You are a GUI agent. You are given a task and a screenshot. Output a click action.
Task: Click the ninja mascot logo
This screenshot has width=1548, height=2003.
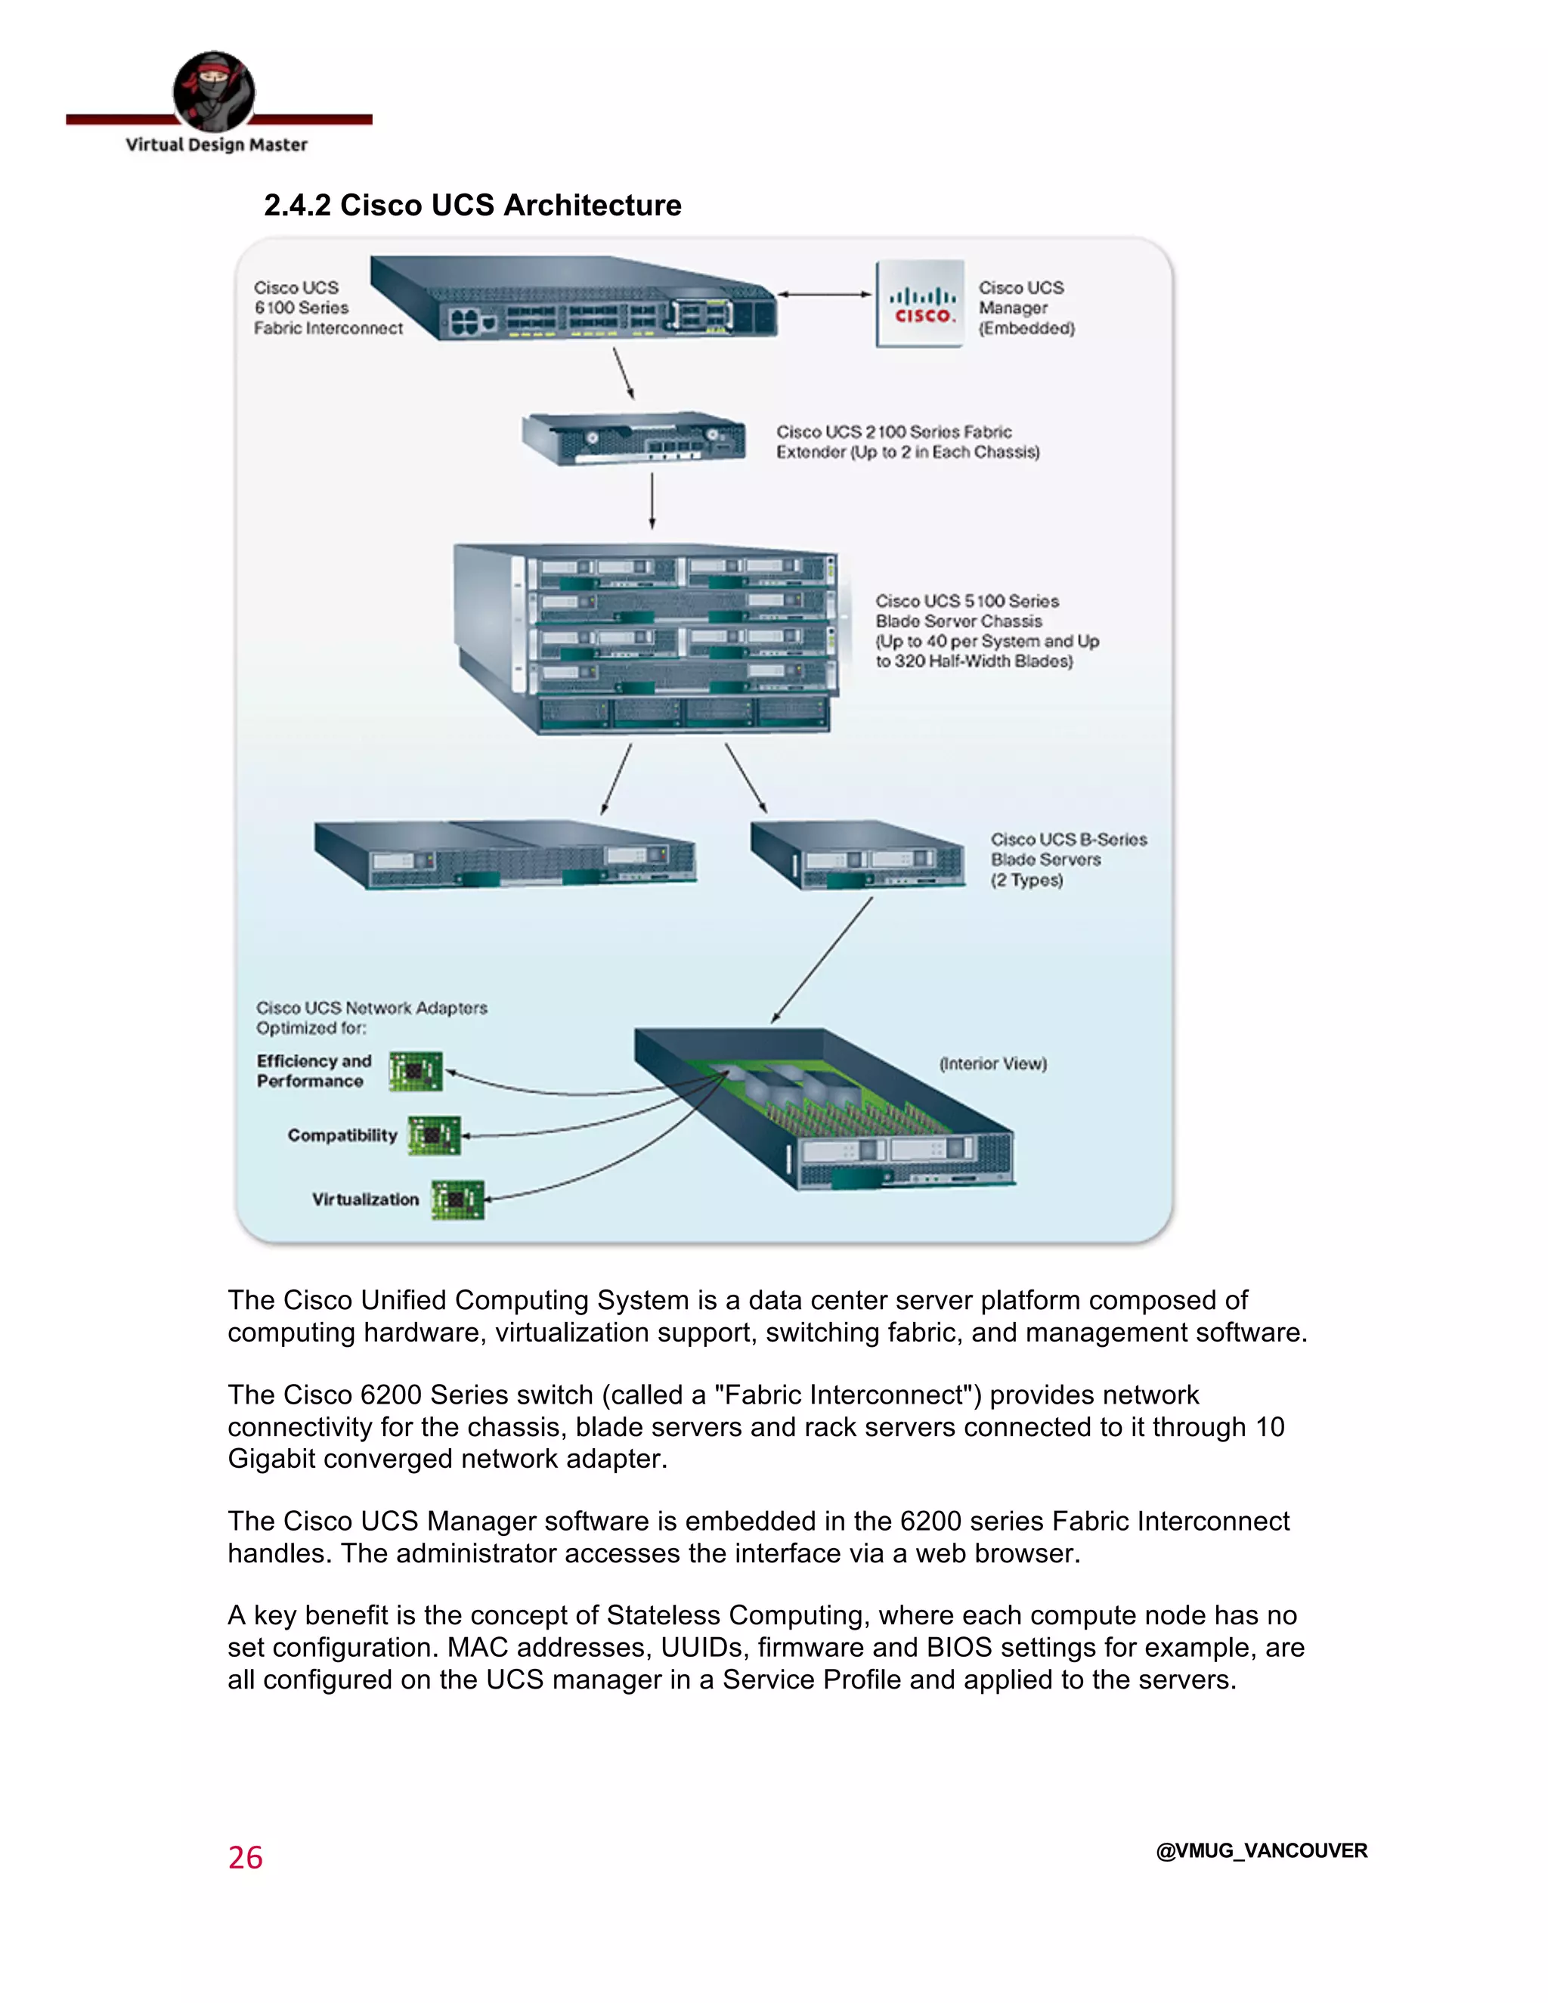(x=214, y=91)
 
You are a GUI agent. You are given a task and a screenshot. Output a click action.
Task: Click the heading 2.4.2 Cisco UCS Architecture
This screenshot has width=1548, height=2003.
(x=472, y=205)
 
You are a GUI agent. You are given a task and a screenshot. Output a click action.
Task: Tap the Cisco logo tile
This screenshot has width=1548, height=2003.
(x=920, y=304)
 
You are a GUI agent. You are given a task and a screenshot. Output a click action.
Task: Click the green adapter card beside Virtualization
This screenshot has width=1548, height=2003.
(x=457, y=1200)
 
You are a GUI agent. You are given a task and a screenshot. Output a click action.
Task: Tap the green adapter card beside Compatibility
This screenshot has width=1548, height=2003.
(x=434, y=1135)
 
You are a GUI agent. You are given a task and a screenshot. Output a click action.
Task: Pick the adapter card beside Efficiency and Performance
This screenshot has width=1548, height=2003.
(x=416, y=1071)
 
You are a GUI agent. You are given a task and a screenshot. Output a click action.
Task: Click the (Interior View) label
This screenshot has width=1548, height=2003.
(x=992, y=1064)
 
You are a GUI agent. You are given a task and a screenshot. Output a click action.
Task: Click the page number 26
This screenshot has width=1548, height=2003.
(x=245, y=1857)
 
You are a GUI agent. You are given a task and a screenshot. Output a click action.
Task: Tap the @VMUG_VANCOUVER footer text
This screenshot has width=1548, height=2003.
(x=1261, y=1851)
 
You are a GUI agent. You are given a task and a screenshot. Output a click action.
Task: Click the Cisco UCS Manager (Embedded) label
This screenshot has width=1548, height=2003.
(x=1025, y=308)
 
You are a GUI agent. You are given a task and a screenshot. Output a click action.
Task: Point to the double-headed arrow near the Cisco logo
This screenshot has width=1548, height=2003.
(x=824, y=294)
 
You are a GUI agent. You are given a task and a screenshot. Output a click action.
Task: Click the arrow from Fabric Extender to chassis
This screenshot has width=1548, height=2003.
(x=652, y=500)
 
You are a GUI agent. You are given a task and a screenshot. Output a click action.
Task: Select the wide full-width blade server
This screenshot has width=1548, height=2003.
(x=504, y=855)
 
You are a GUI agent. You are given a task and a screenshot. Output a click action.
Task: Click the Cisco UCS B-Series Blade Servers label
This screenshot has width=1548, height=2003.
(x=1067, y=859)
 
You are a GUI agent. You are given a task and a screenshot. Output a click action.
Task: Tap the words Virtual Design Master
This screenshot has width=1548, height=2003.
(x=216, y=145)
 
